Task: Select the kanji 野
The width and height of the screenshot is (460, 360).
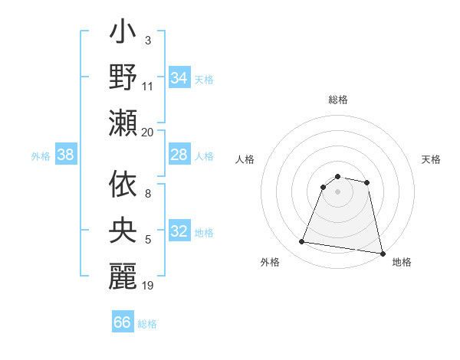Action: pos(123,79)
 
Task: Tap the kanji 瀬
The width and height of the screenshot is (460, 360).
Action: pos(123,123)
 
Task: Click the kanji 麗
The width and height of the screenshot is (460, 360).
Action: pos(123,276)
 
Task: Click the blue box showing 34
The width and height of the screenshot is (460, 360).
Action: pos(179,78)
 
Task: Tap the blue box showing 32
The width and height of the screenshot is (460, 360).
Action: pos(179,232)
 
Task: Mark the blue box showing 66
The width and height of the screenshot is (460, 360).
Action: pos(123,322)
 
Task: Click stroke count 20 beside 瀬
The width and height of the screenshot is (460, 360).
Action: pos(148,133)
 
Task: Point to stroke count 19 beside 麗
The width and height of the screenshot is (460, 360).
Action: pos(148,286)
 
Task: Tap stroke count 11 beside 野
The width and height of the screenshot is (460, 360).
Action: pos(148,87)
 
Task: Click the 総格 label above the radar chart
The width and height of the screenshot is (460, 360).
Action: pos(338,100)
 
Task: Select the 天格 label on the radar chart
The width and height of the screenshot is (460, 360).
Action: pos(432,159)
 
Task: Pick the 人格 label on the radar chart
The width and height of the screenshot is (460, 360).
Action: pos(245,159)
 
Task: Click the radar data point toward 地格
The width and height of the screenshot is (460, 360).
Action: pos(382,253)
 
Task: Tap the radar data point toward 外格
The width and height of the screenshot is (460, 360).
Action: pos(302,242)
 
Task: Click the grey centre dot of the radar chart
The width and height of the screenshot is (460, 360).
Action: pos(338,192)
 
